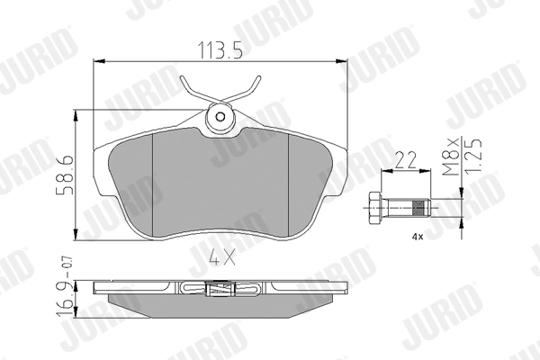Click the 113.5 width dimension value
pos(220,49)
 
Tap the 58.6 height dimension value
pos(65,175)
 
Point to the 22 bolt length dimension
pos(405,160)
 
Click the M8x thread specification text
pos(451,157)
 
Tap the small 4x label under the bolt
pos(418,237)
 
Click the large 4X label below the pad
pos(222,257)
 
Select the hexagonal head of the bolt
pos(374,209)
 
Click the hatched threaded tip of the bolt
pos(418,208)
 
